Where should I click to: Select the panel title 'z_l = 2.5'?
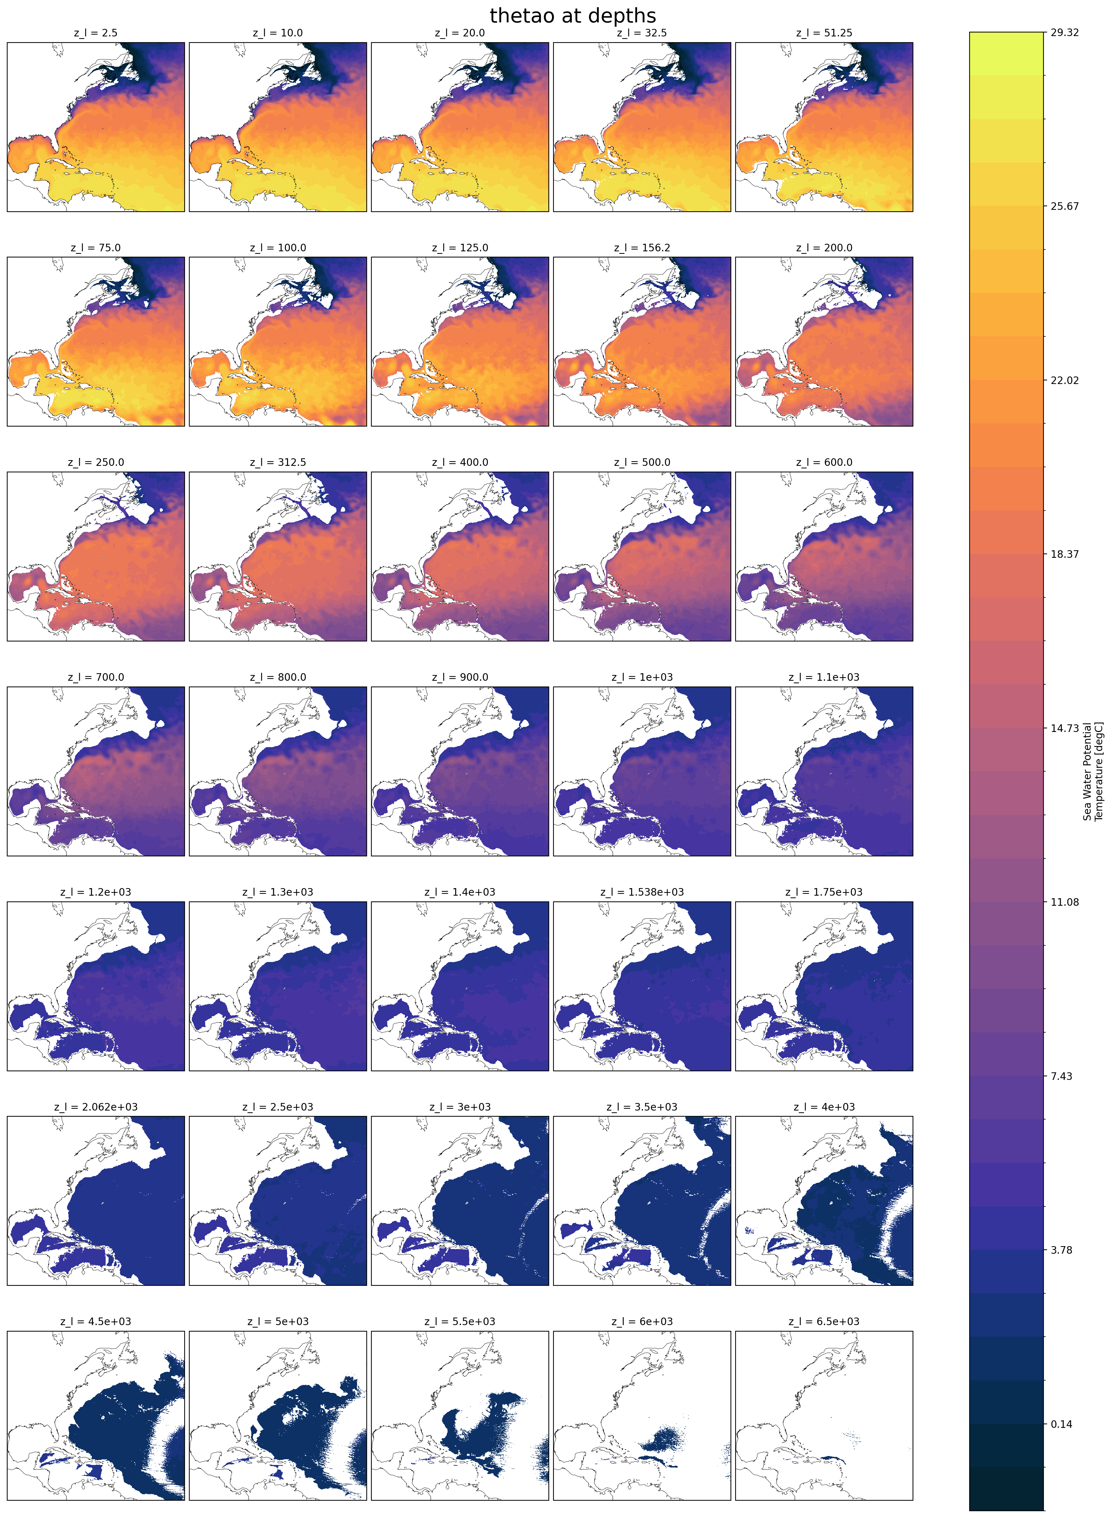tap(96, 33)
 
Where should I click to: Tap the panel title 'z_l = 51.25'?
tap(824, 33)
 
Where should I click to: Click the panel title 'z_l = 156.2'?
tap(641, 248)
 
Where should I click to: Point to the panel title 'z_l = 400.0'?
tap(460, 463)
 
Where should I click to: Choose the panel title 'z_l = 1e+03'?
tap(641, 677)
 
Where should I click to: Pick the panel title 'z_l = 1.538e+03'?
tap(641, 892)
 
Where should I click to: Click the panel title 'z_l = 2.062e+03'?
tap(96, 1107)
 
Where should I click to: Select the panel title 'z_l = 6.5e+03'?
tap(824, 1321)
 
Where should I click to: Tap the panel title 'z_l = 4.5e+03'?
tap(96, 1321)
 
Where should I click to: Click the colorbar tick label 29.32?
tap(1064, 32)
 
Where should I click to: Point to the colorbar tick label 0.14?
tap(1062, 1424)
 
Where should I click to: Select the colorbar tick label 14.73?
tap(1064, 728)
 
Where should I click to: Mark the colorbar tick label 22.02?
tap(1064, 380)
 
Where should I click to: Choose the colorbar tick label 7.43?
tap(1062, 1076)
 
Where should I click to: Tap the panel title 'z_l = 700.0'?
tap(96, 677)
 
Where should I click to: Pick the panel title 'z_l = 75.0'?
tap(96, 248)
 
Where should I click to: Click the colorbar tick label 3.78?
tap(1062, 1250)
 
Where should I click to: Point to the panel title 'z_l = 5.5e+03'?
tap(460, 1321)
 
